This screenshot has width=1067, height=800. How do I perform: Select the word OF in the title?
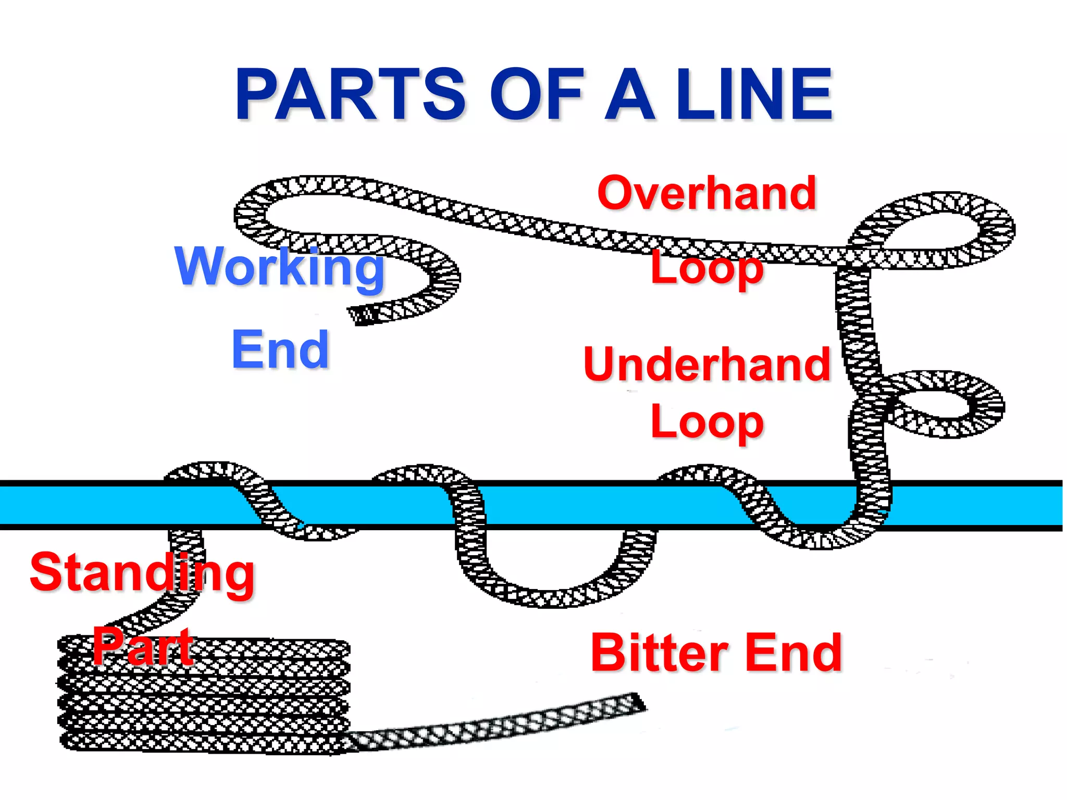(x=537, y=95)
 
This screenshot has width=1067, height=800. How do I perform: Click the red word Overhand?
(x=706, y=193)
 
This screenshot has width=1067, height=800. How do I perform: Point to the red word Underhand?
(x=706, y=365)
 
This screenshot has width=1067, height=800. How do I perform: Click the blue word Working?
(x=280, y=267)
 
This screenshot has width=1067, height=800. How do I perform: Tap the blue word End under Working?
(x=280, y=350)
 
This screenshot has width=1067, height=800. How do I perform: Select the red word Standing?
(x=142, y=573)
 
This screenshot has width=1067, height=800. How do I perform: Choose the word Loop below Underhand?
(x=706, y=422)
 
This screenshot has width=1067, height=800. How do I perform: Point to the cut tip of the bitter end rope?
(x=639, y=704)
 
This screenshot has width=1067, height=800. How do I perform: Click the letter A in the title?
(x=629, y=95)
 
